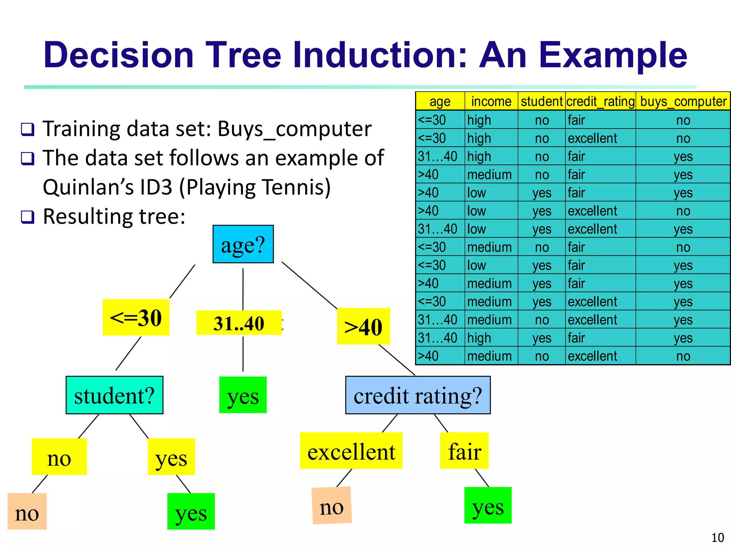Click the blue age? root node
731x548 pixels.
[243, 244]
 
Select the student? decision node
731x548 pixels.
[114, 395]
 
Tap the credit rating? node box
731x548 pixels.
[418, 395]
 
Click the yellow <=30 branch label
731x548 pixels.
[136, 317]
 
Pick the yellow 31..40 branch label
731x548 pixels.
[239, 323]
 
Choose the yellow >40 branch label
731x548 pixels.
[363, 326]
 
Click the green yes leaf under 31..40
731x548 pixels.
[243, 395]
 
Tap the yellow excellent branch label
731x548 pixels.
[351, 451]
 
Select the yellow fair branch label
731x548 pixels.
[464, 451]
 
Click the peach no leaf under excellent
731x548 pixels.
[332, 506]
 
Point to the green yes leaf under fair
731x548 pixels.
[488, 506]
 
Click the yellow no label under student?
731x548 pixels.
[59, 457]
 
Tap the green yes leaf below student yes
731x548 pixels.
[191, 511]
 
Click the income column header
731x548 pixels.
[491, 101]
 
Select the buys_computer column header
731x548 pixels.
[683, 101]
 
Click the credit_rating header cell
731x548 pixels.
[600, 101]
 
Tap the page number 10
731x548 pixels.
[717, 537]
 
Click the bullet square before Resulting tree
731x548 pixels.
[27, 217]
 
